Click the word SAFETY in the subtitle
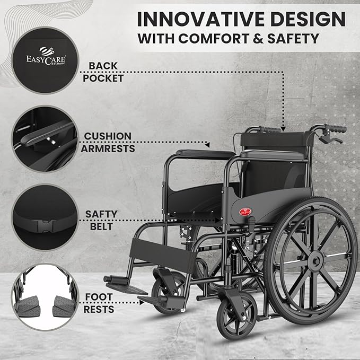293,38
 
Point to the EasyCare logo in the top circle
46,57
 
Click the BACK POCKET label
103,72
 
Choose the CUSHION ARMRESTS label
108,142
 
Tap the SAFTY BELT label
101,220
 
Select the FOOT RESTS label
99,303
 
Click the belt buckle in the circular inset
46,226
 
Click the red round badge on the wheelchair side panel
245,212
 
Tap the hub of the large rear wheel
316,261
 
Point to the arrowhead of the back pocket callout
283,129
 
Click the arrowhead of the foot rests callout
142,303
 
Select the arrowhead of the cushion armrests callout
207,145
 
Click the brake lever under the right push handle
330,139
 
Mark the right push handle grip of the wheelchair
336,128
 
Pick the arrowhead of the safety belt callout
217,221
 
